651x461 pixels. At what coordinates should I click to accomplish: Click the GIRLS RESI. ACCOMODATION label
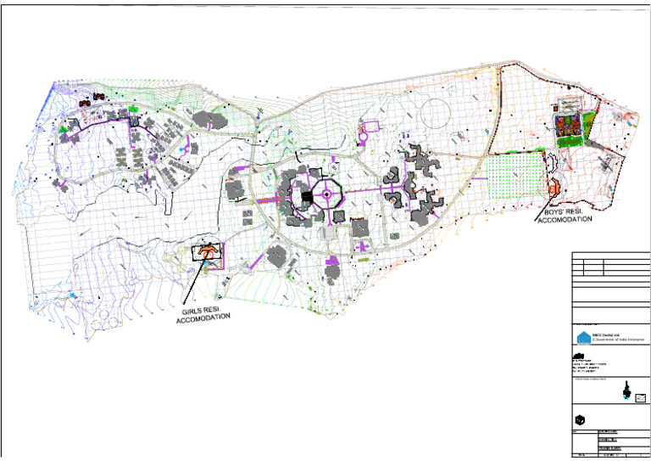203,314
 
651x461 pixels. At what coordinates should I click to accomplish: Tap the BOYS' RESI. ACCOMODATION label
564,216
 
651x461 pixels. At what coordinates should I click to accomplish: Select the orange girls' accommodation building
207,252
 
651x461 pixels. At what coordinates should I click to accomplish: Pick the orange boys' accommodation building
554,189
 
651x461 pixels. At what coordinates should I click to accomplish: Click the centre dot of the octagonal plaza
326,195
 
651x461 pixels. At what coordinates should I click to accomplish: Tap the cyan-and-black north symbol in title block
626,391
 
